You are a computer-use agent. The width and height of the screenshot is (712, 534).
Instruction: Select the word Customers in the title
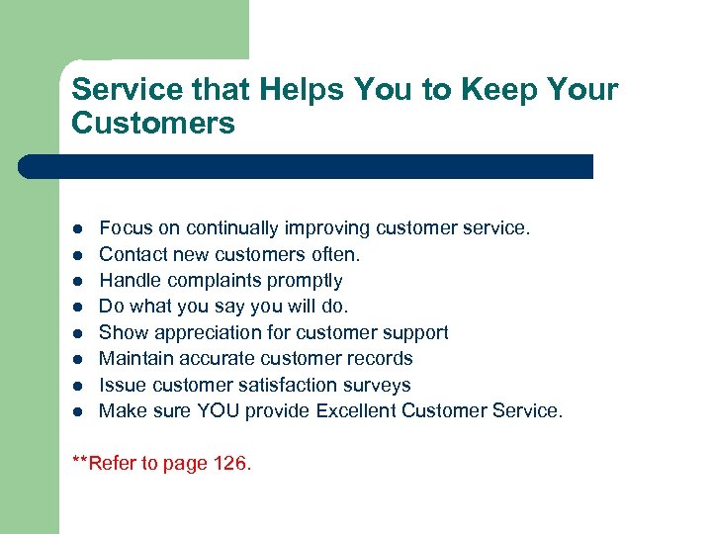click(153, 124)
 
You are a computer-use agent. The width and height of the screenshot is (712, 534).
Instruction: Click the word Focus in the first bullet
click(126, 228)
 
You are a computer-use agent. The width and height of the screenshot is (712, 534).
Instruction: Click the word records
click(380, 359)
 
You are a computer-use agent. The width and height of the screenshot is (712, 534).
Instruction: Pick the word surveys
click(377, 386)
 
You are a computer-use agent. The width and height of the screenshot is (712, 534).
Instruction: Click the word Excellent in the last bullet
click(357, 411)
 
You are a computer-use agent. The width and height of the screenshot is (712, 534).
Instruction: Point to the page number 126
click(229, 463)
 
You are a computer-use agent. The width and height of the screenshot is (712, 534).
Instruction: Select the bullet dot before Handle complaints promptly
click(78, 282)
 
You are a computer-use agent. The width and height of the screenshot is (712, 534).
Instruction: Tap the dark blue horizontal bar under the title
click(307, 166)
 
